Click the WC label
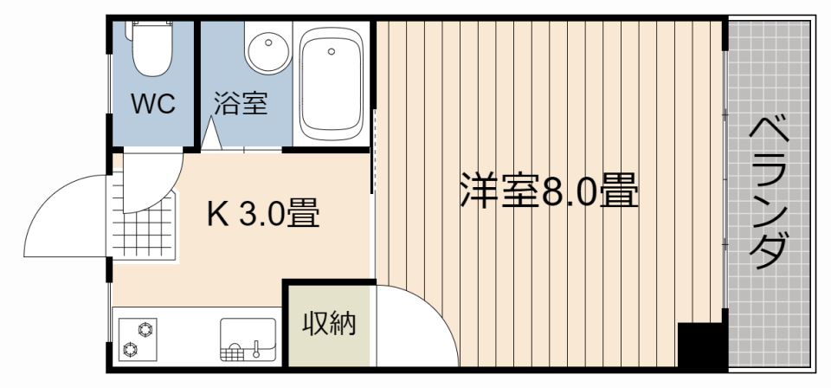pos(153,105)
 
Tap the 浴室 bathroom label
pos(241,105)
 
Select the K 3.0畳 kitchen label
pos(262,212)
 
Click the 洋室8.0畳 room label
pos(548,192)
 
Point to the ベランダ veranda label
pos(768,192)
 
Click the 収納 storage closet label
pos(329,325)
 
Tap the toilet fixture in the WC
pos(151,48)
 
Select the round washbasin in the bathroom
pos(268,51)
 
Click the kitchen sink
pos(248,339)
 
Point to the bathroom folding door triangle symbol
pos(210,135)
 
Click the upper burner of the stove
pos(145,328)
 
